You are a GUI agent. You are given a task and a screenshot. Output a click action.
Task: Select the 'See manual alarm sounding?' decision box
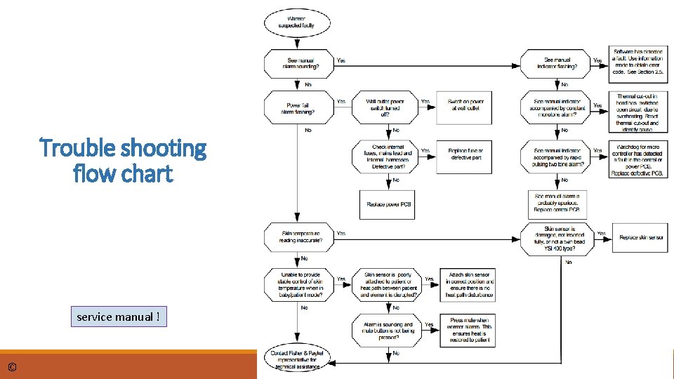pyautogui.click(x=296, y=64)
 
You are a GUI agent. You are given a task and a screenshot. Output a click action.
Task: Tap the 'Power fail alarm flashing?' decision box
pyautogui.click(x=296, y=108)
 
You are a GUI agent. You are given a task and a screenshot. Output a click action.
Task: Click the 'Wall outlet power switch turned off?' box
pyautogui.click(x=385, y=108)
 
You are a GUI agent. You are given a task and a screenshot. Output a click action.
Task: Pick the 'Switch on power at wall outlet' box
pyautogui.click(x=466, y=106)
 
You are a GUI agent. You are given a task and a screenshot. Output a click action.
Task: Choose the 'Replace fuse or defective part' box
pyautogui.click(x=466, y=154)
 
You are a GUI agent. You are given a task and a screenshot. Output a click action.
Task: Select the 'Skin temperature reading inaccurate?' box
pyautogui.click(x=296, y=237)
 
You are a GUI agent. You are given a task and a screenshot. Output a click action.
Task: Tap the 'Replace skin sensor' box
pyautogui.click(x=640, y=237)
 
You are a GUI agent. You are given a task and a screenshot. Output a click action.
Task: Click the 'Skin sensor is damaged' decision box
pyautogui.click(x=558, y=239)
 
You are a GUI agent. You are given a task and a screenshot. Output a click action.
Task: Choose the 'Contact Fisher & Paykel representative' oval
pyautogui.click(x=296, y=359)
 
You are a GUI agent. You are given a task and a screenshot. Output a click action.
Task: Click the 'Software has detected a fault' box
pyautogui.click(x=637, y=62)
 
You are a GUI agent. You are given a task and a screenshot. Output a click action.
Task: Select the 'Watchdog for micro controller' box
pyautogui.click(x=637, y=159)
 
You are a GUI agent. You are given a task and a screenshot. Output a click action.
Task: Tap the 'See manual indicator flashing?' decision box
pyautogui.click(x=558, y=64)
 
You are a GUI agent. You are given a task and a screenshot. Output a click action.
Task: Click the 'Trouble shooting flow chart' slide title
pyautogui.click(x=124, y=160)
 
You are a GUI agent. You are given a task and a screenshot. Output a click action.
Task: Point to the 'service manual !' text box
pyautogui.click(x=119, y=317)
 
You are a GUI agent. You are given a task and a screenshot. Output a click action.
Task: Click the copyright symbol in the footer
pyautogui.click(x=12, y=368)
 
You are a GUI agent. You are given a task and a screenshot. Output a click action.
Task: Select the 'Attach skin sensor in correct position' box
pyautogui.click(x=468, y=284)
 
